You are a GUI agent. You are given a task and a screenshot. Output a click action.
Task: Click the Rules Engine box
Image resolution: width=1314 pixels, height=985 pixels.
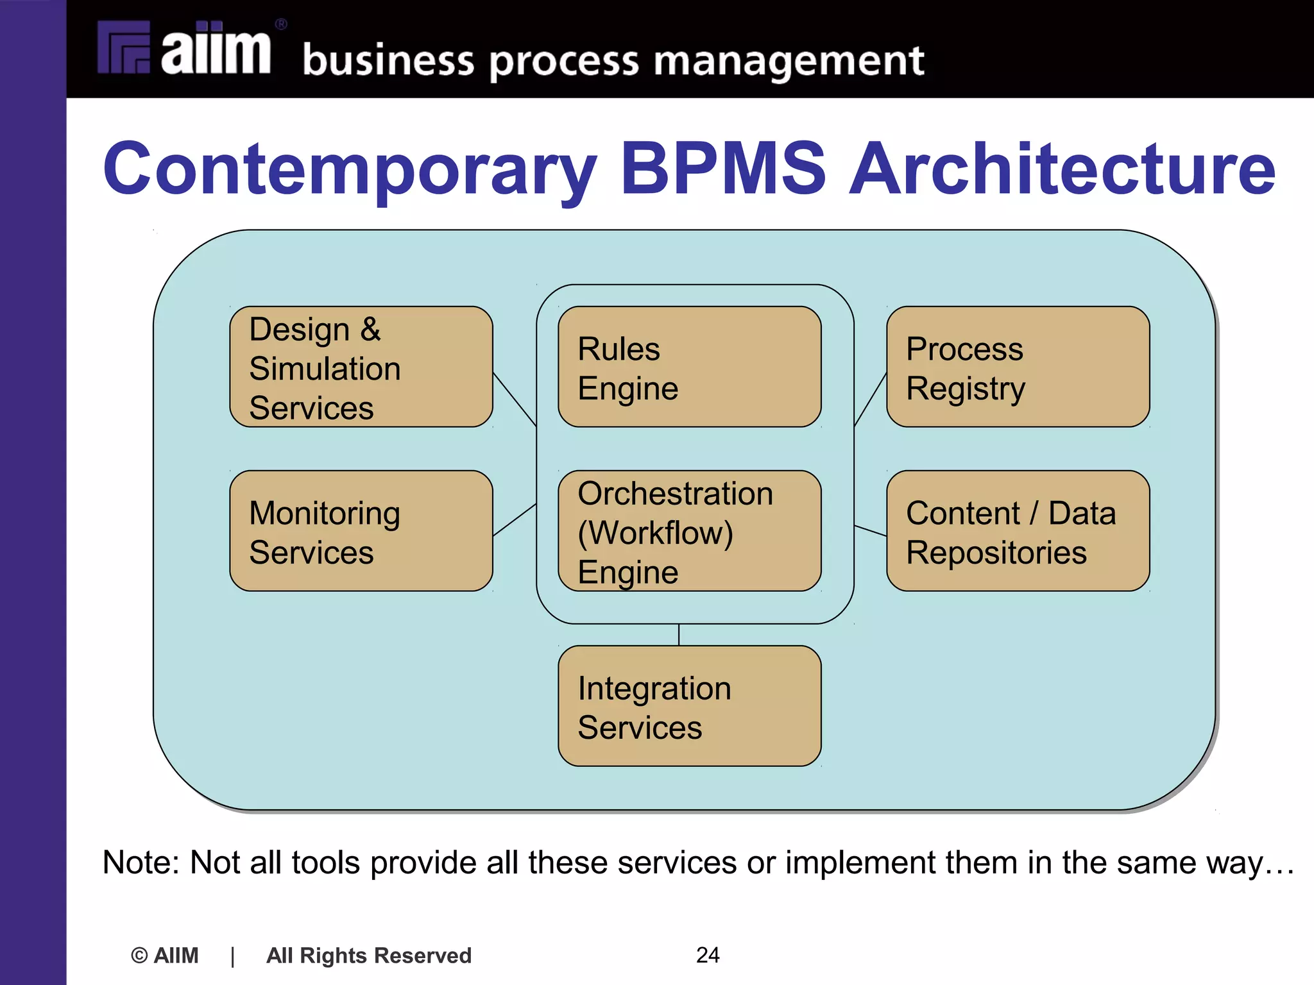(690, 367)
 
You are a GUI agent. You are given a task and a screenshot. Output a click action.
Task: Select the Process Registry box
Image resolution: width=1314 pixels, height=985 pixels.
(1018, 367)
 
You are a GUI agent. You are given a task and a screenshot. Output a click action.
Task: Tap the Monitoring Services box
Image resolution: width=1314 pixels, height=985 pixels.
(361, 531)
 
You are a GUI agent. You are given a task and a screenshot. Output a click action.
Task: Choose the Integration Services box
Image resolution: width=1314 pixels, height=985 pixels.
(690, 706)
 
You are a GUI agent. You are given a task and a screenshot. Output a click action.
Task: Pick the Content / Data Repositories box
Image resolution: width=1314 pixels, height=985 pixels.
(1018, 531)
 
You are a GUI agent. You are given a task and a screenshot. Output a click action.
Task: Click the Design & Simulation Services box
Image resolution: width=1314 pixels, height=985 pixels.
(361, 367)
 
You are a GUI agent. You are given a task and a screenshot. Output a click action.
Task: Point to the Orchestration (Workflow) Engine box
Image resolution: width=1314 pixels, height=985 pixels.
(690, 531)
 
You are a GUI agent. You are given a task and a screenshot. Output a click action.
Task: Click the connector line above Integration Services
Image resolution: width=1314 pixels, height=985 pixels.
(679, 635)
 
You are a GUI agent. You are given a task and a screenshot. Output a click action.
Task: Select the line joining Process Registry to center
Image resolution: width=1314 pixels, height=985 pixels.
(870, 400)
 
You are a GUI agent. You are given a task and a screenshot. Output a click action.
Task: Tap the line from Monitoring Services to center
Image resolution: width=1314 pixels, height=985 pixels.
(515, 519)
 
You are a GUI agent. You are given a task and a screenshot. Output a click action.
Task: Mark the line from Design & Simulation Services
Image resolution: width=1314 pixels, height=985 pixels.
(515, 400)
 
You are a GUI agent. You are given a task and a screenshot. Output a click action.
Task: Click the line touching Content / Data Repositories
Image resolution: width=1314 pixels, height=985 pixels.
(871, 531)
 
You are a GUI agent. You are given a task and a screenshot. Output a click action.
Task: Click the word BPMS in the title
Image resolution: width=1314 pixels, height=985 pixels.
(723, 169)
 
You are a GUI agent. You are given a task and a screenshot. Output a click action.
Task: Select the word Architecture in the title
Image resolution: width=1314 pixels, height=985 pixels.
(1062, 169)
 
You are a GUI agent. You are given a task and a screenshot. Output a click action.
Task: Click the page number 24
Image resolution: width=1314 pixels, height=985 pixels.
(708, 955)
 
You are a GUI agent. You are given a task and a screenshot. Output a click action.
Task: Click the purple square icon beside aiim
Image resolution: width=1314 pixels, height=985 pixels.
(124, 47)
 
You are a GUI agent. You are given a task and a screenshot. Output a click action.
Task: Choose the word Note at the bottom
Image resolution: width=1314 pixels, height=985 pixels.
(141, 863)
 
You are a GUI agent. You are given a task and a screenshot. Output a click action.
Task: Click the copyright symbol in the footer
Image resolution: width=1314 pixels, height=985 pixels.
(139, 956)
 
